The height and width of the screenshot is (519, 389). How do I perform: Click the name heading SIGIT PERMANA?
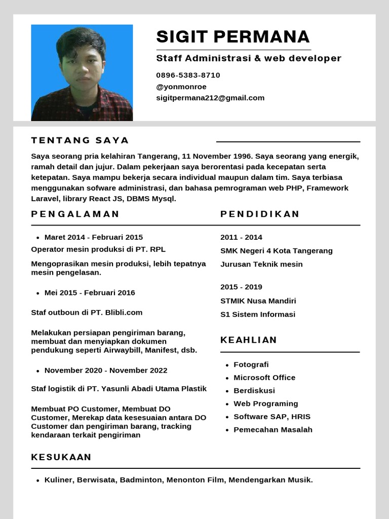tap(232, 36)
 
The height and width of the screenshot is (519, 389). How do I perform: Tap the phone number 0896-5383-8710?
tap(188, 75)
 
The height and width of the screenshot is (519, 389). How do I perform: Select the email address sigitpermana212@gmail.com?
tap(210, 98)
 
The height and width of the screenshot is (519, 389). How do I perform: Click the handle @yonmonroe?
tap(181, 87)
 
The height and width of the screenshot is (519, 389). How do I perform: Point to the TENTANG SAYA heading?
tap(80, 140)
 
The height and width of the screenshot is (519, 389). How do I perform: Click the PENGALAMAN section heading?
tap(75, 214)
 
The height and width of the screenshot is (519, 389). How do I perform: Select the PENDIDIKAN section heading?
tap(260, 214)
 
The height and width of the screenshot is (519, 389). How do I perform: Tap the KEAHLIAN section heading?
tap(249, 340)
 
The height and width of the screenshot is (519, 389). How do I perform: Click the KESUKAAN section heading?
tap(61, 457)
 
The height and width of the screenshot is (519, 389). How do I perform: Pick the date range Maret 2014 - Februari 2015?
tap(94, 237)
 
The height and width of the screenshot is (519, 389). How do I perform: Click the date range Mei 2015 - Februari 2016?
tap(90, 292)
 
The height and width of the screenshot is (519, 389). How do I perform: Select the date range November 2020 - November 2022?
tap(106, 370)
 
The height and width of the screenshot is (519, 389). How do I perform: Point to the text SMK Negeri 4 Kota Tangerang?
tap(277, 251)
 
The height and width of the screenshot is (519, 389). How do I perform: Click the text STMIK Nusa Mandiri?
tap(258, 301)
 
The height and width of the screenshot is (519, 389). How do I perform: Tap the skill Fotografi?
tap(251, 364)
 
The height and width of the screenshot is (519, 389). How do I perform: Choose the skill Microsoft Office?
tap(264, 378)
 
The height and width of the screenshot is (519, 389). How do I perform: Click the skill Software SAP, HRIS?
tap(272, 417)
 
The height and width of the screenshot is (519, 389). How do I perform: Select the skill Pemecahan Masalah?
tap(273, 430)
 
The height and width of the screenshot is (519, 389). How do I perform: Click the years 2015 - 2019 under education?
tap(241, 287)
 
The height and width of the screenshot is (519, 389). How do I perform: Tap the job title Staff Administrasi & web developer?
tap(249, 58)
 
